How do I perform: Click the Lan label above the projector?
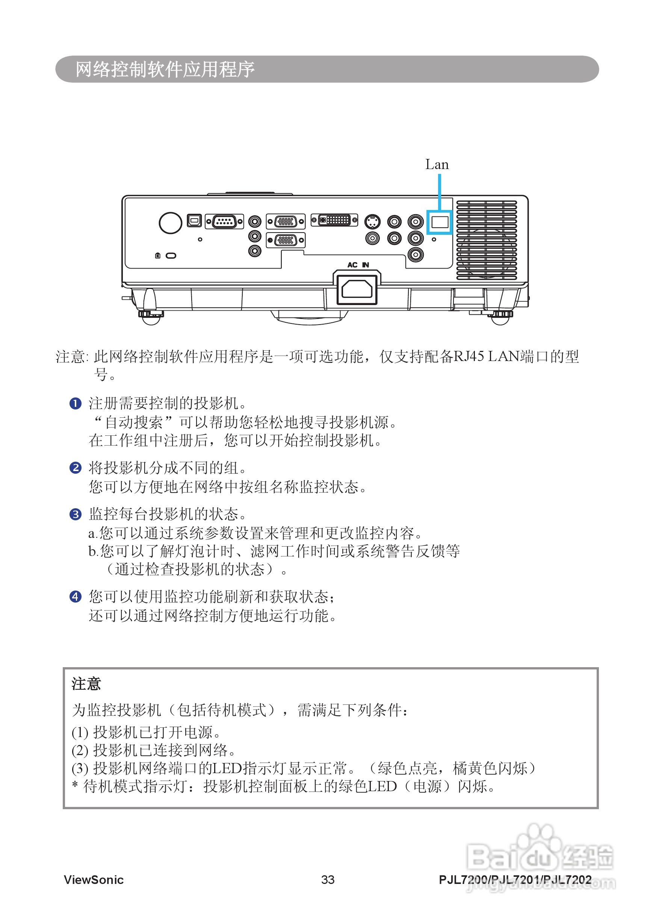click(437, 165)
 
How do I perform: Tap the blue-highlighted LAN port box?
click(440, 222)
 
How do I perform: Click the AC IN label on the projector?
click(358, 264)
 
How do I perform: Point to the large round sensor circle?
click(170, 222)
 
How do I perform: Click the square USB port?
click(194, 221)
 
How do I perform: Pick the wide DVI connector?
click(334, 220)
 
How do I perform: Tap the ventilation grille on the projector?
click(486, 240)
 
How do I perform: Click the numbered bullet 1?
click(76, 403)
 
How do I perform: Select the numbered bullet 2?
click(76, 468)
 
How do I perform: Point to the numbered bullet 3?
click(76, 514)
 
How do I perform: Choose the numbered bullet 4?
click(76, 597)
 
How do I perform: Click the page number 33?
click(328, 879)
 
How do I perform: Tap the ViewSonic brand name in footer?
click(94, 879)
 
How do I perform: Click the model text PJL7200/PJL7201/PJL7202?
click(515, 879)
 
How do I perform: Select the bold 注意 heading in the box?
click(86, 684)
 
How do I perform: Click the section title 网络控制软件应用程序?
click(165, 69)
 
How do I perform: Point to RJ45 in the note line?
click(469, 356)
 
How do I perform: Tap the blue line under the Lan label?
click(440, 192)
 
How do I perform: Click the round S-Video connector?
click(372, 222)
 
